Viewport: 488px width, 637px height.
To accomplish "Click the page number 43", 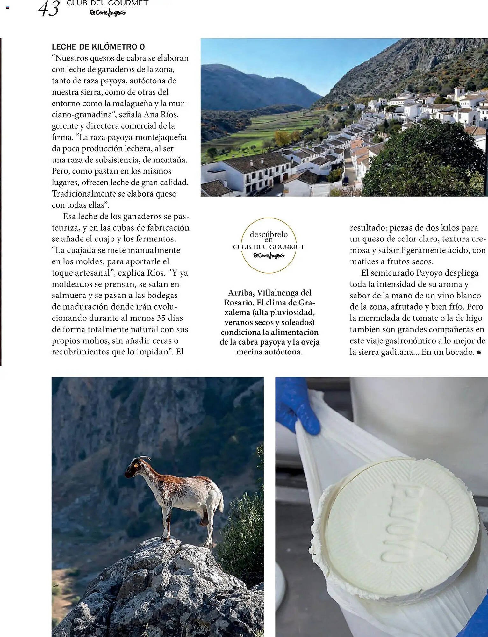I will point(48,9).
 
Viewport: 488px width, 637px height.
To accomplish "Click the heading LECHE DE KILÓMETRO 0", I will point(98,47).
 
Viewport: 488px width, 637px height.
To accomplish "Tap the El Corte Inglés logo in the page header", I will point(107,13).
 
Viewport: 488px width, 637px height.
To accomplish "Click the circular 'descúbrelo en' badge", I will point(269,245).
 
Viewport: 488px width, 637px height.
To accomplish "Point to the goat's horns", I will point(143,459).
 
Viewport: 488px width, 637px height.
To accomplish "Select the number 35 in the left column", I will point(161,318).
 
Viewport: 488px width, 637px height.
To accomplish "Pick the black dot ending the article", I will point(478,352).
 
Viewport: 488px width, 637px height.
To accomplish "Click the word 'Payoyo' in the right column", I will point(429,273).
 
